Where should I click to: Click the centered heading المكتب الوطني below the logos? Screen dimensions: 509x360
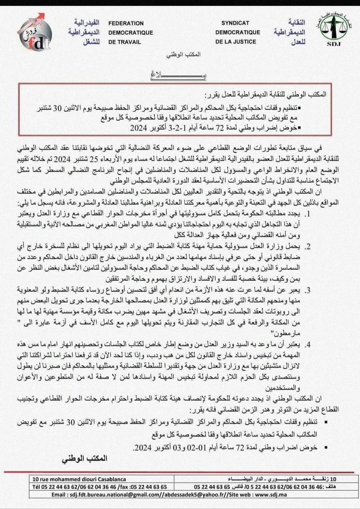[180, 53]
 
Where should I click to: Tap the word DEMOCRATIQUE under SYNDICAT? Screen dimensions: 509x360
[238, 32]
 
